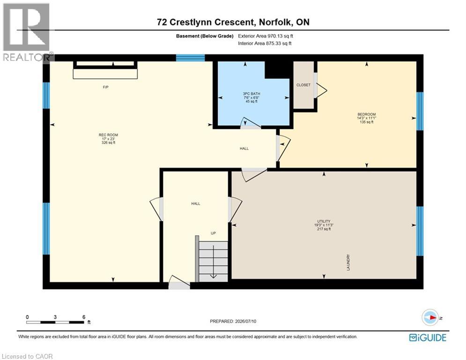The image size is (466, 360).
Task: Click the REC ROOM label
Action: coord(109,135)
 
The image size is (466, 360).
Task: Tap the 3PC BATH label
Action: coord(251,94)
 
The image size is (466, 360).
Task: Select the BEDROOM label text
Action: coord(366,114)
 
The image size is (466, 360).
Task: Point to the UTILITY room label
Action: coord(324,221)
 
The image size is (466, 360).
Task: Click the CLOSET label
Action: coord(303,85)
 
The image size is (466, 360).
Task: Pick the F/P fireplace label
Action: coord(105,87)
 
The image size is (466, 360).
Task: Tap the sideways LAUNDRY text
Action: coord(348,262)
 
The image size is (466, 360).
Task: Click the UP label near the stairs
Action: coord(213,233)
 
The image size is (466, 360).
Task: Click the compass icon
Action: coord(430,317)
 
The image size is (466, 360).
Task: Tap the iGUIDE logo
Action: coord(428,337)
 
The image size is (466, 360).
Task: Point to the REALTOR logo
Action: coord(27,32)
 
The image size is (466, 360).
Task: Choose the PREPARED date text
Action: coord(233,321)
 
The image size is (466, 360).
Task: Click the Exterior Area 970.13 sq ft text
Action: coord(266,36)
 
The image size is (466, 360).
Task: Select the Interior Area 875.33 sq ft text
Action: coord(265,44)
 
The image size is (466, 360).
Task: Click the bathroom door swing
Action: coord(251,123)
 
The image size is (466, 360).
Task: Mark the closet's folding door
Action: coord(321,90)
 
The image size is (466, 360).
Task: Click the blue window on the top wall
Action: coord(190,58)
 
